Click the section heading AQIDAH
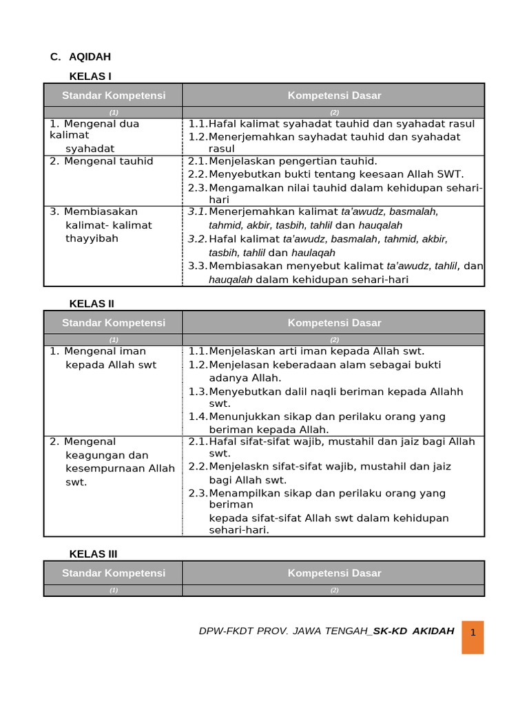point(90,56)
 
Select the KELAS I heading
point(90,76)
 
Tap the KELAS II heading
point(92,303)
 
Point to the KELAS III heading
point(93,554)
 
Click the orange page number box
point(473,637)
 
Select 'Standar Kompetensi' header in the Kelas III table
point(114,573)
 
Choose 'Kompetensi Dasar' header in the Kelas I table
point(334,96)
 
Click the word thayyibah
point(92,238)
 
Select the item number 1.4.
point(198,417)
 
